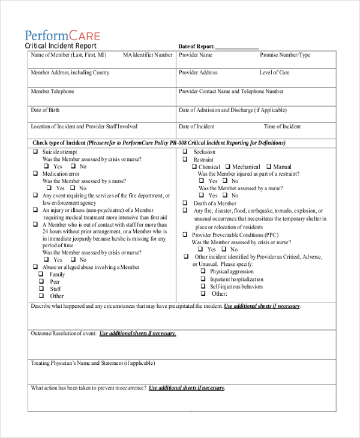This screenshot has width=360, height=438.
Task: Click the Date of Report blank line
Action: pos(237,47)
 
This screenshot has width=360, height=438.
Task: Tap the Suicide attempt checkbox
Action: pos(35,152)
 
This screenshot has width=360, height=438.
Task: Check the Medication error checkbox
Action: pos(35,173)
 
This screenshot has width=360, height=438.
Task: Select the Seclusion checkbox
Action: pos(186,152)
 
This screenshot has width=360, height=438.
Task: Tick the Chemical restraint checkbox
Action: pos(194,167)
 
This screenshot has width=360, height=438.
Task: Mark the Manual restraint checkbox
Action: pos(269,167)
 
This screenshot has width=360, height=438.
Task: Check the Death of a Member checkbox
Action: pos(186,203)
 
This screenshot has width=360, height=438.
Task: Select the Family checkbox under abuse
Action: pos(41,274)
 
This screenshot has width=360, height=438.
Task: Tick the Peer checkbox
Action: pos(41,281)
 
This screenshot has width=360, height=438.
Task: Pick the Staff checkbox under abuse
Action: pos(41,288)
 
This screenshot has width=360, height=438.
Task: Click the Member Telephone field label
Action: pos(52,92)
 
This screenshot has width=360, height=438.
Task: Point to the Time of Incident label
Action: pos(282,127)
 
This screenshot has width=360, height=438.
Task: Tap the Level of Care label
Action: pos(274,73)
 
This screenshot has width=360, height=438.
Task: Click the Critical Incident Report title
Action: pos(60,46)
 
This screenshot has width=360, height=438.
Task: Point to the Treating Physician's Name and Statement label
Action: pos(92,363)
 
